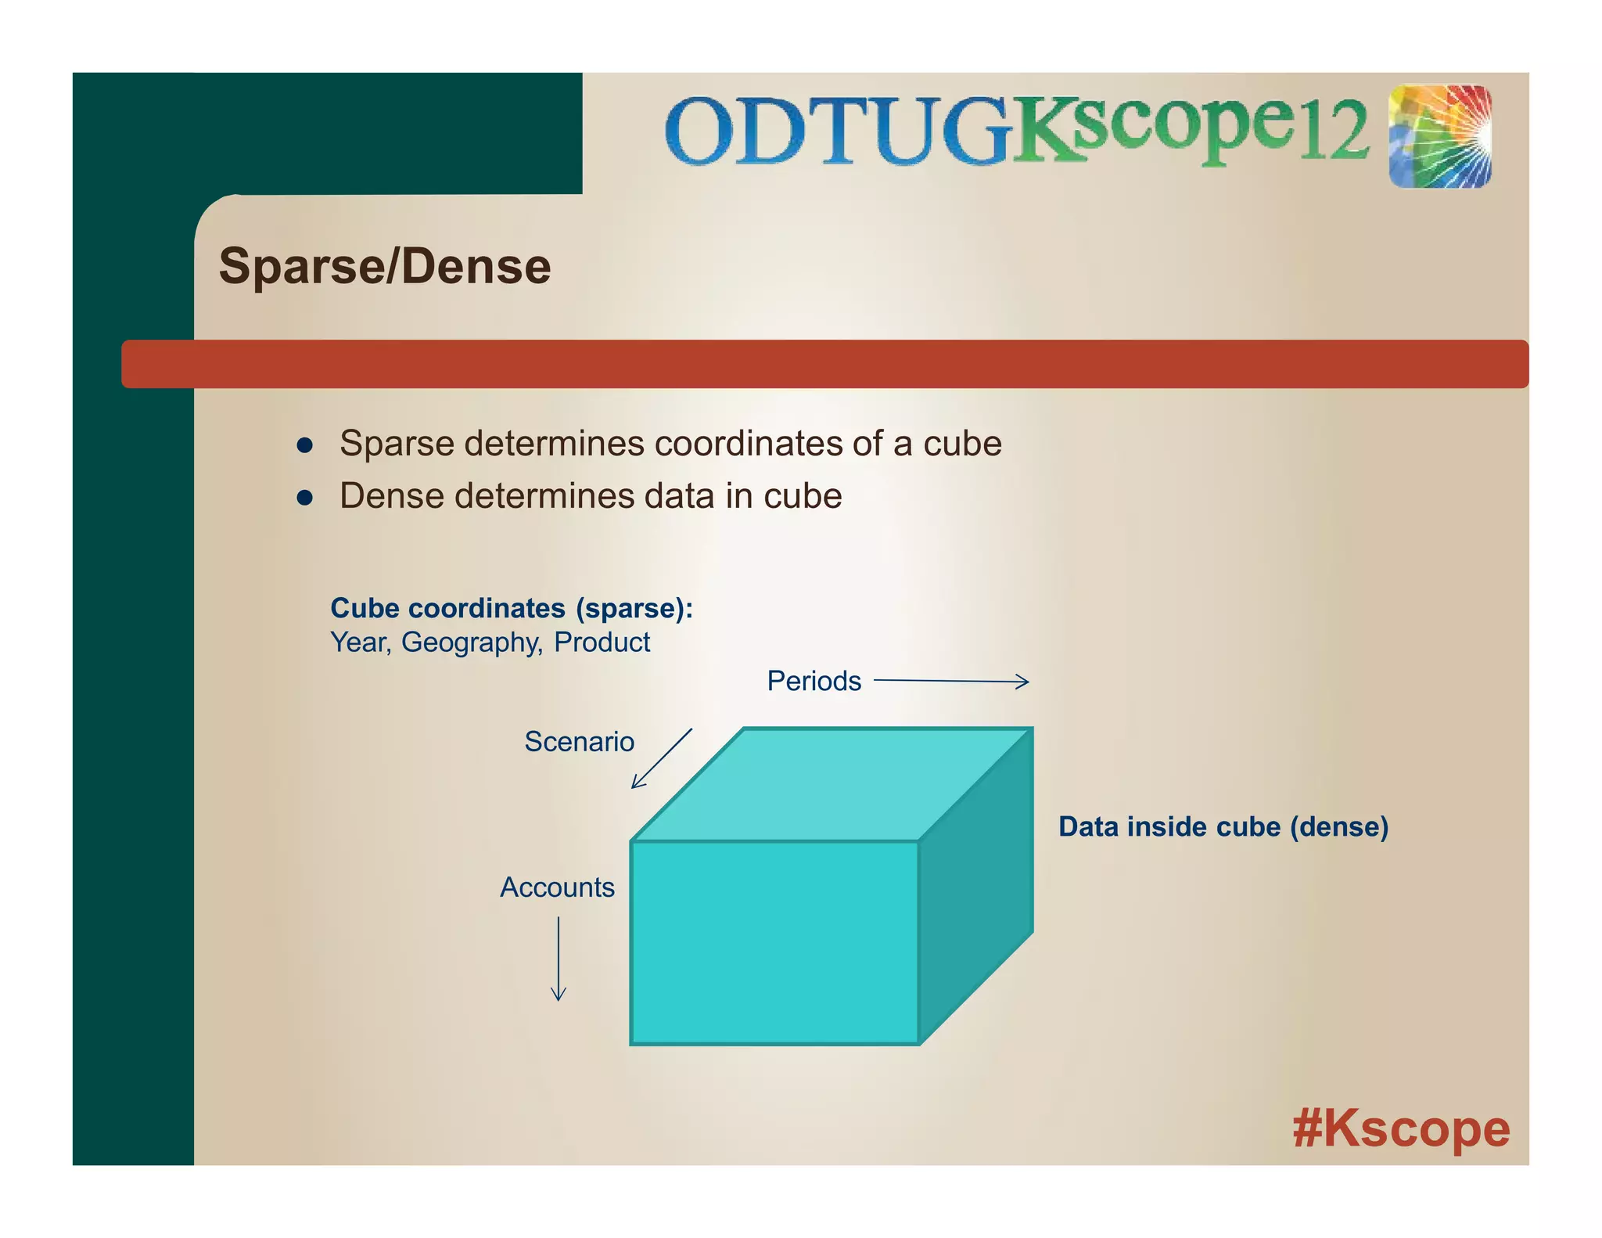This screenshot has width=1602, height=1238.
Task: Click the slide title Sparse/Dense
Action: click(x=384, y=266)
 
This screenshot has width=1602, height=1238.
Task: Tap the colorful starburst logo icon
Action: click(x=1439, y=136)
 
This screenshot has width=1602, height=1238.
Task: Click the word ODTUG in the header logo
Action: click(x=837, y=131)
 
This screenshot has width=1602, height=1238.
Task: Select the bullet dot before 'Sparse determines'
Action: click(x=305, y=446)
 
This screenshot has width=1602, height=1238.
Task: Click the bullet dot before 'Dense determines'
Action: click(x=305, y=498)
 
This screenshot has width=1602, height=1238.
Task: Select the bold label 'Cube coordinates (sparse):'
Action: click(x=512, y=608)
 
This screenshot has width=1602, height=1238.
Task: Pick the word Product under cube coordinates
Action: click(x=602, y=642)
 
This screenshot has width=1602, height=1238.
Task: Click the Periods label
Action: click(x=814, y=681)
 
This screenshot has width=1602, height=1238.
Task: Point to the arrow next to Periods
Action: click(x=950, y=682)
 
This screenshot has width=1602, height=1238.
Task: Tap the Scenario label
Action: click(x=579, y=741)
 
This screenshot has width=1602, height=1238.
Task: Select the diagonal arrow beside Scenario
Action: click(x=662, y=758)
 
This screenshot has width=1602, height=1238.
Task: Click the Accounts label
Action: click(x=557, y=887)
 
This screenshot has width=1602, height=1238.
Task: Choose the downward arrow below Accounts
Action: click(x=558, y=959)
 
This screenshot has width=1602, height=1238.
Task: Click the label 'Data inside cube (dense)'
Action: click(x=1223, y=826)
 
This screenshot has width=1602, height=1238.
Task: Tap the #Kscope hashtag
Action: click(x=1400, y=1129)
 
